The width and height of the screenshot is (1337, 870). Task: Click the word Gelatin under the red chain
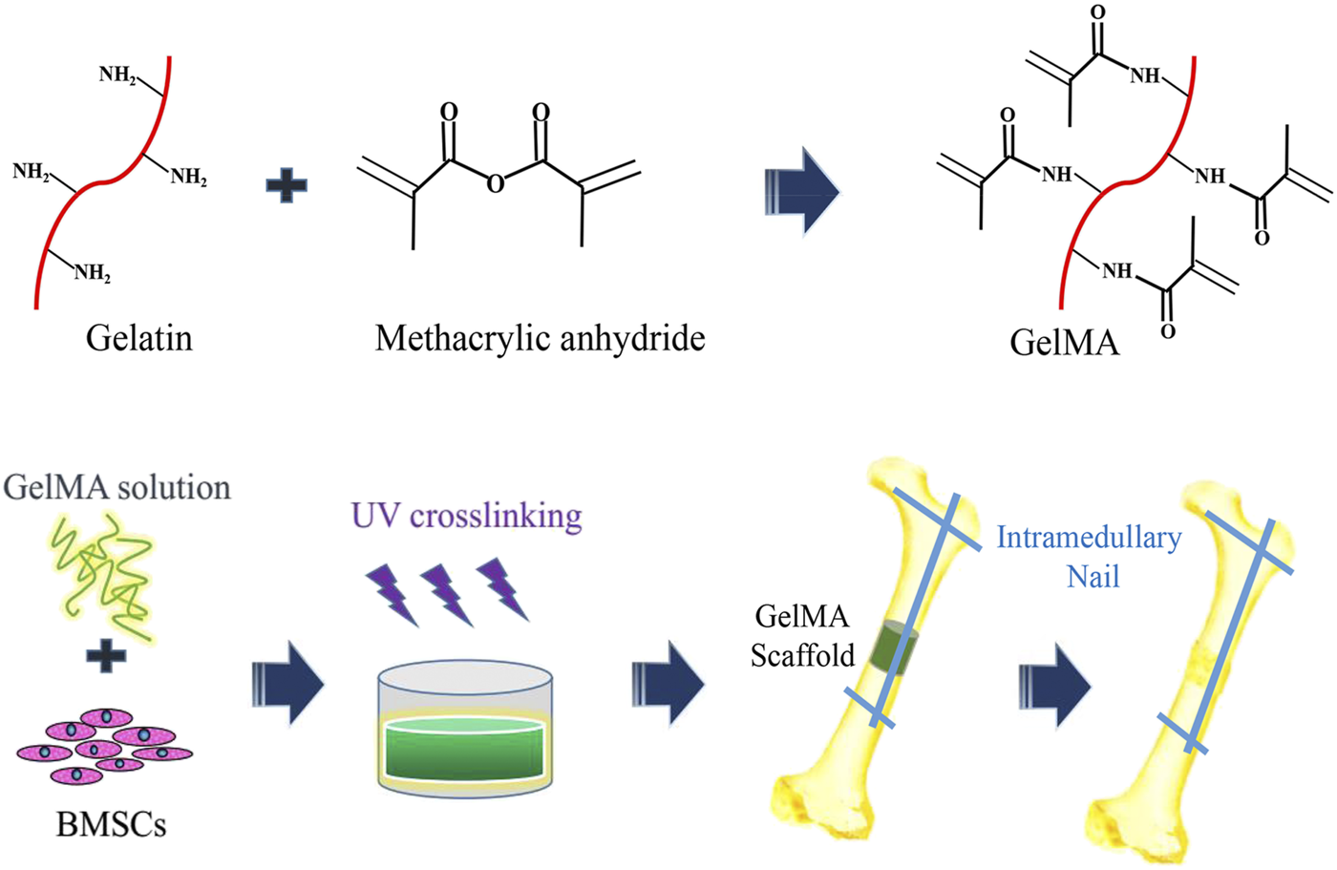coord(139,338)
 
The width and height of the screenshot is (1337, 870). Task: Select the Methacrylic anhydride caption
coord(540,338)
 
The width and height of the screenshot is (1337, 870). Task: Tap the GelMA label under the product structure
coord(1064,342)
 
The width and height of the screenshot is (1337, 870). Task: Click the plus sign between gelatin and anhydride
coord(286,184)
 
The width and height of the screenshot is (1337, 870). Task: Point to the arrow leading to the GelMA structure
coord(802,191)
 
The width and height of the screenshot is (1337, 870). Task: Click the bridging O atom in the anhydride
coord(495,182)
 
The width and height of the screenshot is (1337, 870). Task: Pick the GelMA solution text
coord(117,487)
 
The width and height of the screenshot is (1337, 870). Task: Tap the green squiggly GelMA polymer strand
coord(101,573)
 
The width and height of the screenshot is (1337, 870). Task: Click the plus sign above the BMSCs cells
coord(105,656)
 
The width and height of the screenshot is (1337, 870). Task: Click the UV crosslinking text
coord(466,516)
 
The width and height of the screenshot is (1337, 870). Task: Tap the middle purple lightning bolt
coord(447,592)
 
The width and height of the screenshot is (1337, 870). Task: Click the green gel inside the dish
coord(465,750)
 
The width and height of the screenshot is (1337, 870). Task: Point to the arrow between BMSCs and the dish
coord(287,684)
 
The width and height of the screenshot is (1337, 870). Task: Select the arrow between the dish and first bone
coord(668,684)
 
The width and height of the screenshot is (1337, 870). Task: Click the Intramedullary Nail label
coord(1089,557)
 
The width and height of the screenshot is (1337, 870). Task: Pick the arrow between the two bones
coord(1053,684)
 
